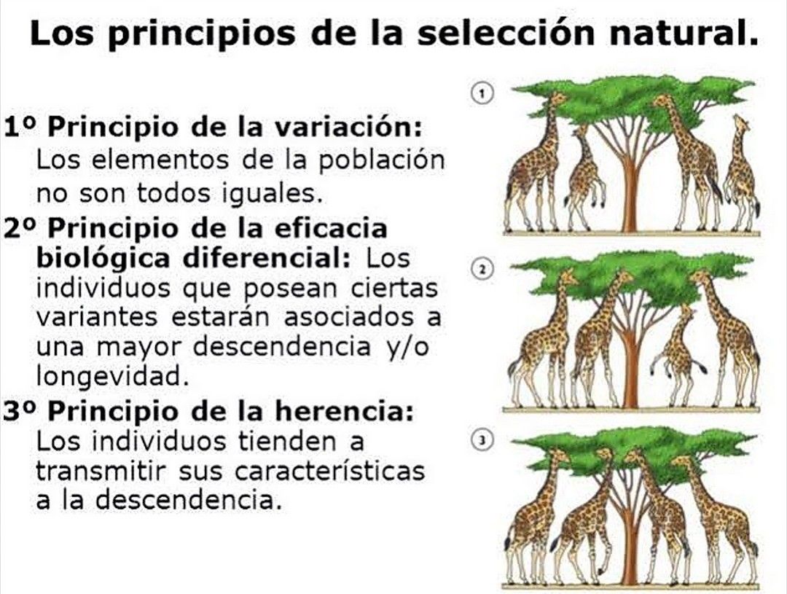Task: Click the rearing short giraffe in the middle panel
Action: (680, 353)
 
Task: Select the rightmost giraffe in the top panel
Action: (740, 175)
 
